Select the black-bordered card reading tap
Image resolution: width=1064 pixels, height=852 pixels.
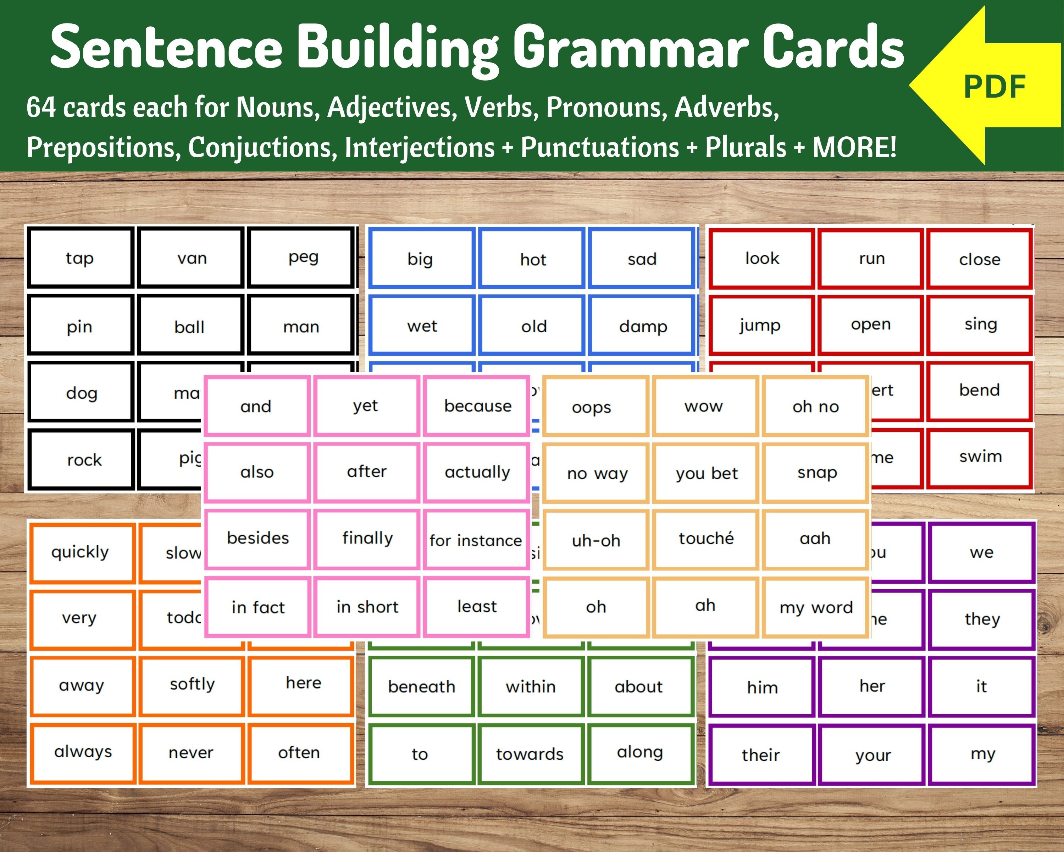pyautogui.click(x=80, y=258)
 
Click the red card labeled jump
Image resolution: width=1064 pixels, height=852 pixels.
pyautogui.click(x=760, y=325)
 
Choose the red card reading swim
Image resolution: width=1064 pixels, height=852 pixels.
pyautogui.click(x=980, y=457)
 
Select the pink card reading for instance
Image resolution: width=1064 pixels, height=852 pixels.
pyautogui.click(x=475, y=540)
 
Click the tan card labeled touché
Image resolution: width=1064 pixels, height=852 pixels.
pyautogui.click(x=706, y=539)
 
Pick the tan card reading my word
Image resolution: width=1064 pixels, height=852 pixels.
pyautogui.click(x=816, y=607)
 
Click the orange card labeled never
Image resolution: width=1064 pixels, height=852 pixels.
pyautogui.click(x=191, y=753)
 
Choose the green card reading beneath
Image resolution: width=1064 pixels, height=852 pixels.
pyautogui.click(x=421, y=687)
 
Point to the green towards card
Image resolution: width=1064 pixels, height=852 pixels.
pyautogui.click(x=530, y=754)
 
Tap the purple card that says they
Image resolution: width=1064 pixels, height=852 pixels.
pyautogui.click(x=982, y=618)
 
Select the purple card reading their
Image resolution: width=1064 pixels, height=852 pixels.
pyautogui.click(x=760, y=755)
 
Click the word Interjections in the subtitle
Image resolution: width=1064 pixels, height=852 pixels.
pyautogui.click(x=420, y=147)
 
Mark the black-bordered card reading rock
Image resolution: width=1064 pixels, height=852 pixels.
pyautogui.click(x=84, y=460)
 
